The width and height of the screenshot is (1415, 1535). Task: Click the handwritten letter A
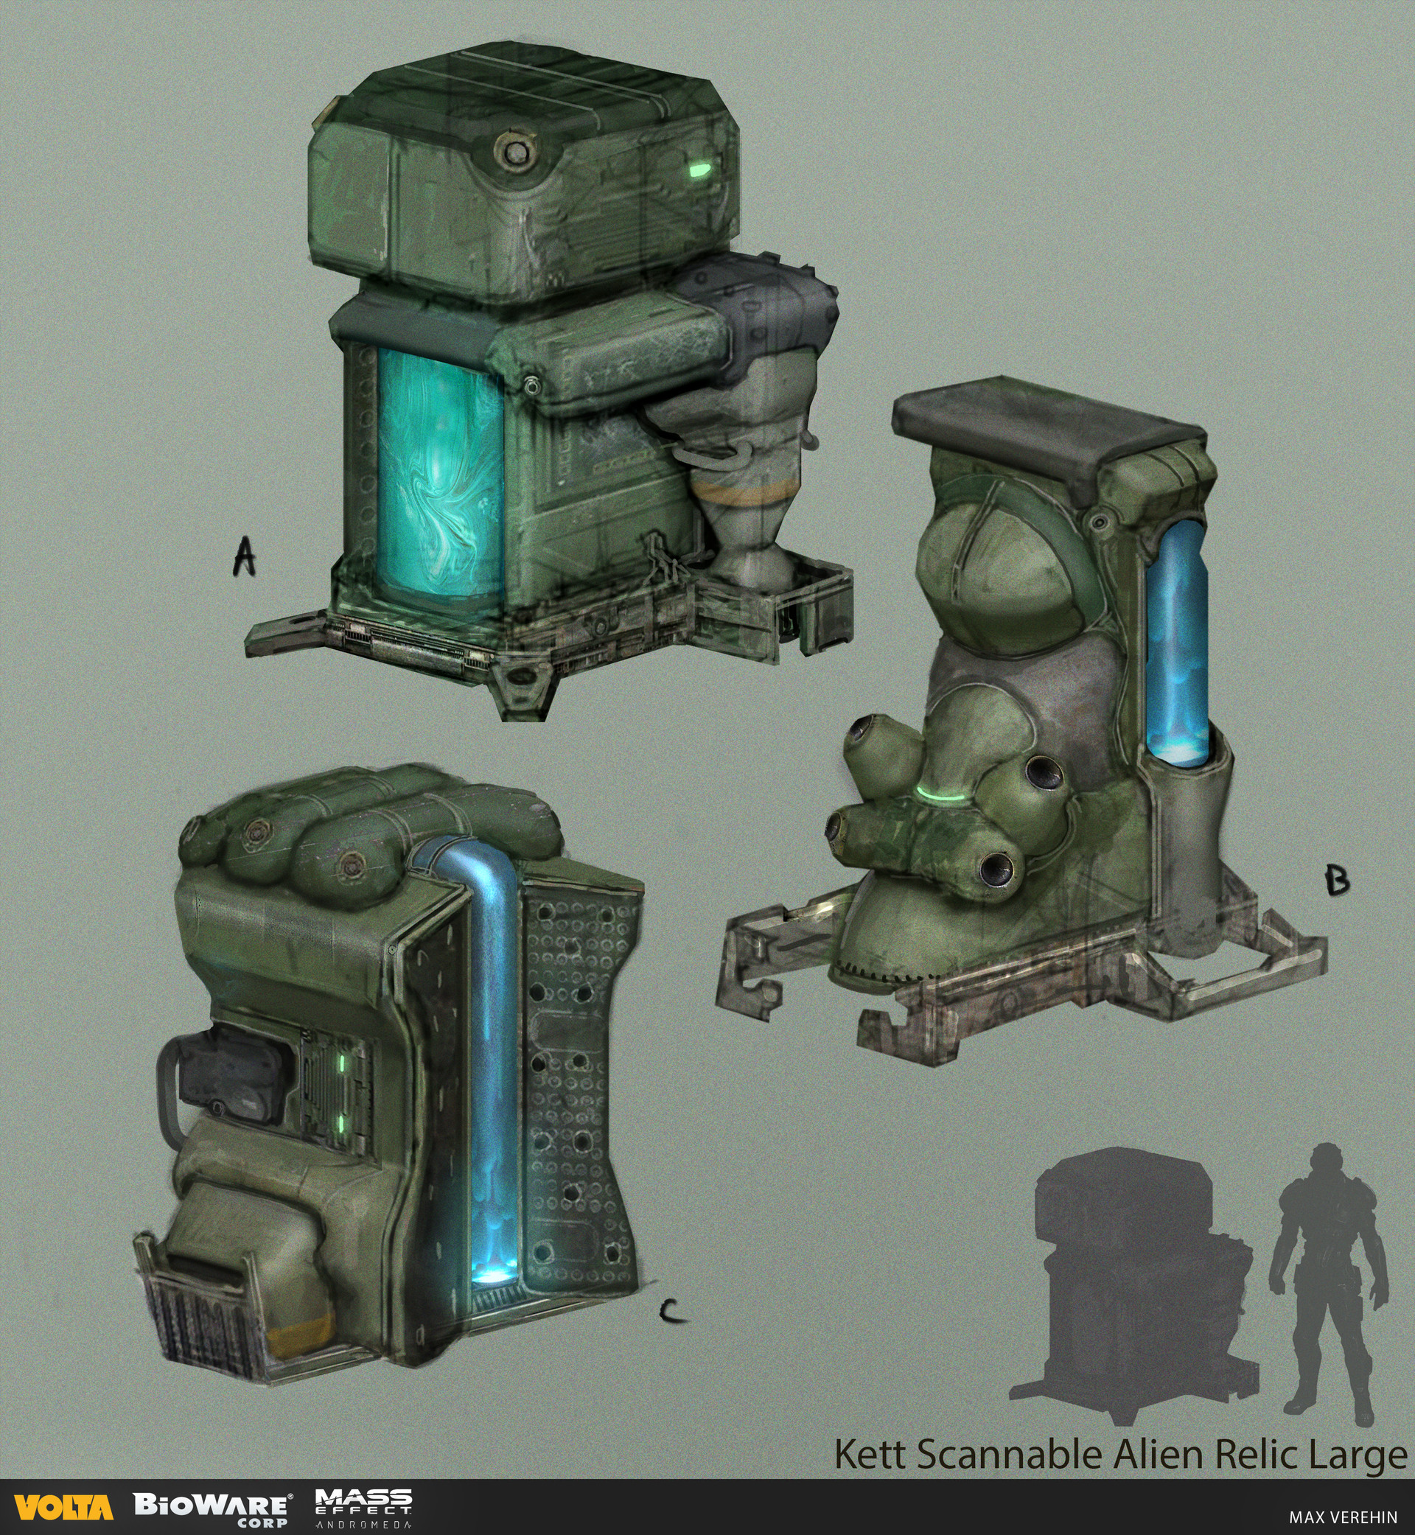click(244, 556)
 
